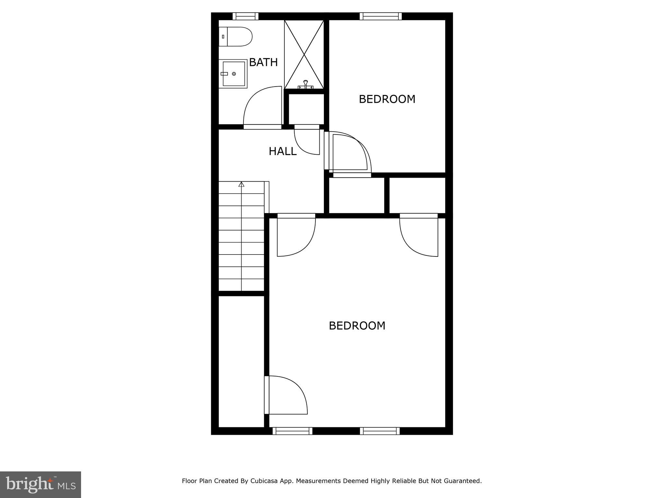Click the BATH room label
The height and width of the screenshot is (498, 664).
pyautogui.click(x=263, y=62)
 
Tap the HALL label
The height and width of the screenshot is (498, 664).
pyautogui.click(x=282, y=151)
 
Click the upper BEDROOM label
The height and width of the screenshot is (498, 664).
pyautogui.click(x=387, y=99)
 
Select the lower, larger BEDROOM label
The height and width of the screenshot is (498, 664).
pyautogui.click(x=357, y=326)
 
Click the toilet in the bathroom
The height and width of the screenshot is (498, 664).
pyautogui.click(x=235, y=37)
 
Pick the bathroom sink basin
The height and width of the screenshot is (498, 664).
pyautogui.click(x=233, y=74)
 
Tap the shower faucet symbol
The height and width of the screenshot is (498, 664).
pyautogui.click(x=305, y=85)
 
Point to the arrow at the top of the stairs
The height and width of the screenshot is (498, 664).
pyautogui.click(x=241, y=184)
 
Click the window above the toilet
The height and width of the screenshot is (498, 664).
pyautogui.click(x=245, y=16)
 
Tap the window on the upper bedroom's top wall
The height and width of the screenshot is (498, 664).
pyautogui.click(x=380, y=16)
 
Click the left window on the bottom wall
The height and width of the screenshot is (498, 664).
pyautogui.click(x=292, y=431)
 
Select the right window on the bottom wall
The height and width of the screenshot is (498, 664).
pyautogui.click(x=380, y=431)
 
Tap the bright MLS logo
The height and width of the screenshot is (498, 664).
pyautogui.click(x=41, y=485)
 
